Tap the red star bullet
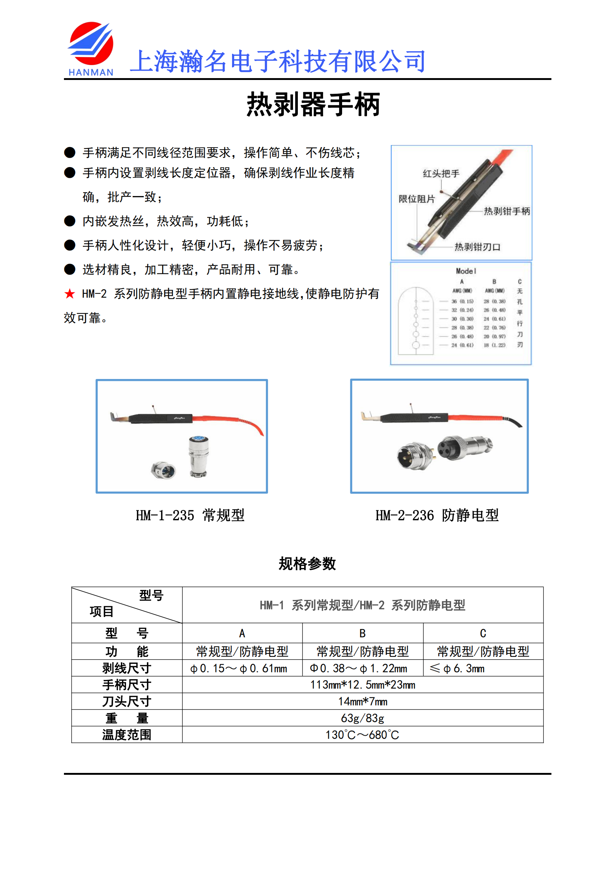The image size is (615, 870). coord(70,294)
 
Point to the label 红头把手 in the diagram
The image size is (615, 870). coord(441,174)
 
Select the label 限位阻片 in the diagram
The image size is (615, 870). coord(416,199)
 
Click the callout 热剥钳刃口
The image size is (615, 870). coord(477,247)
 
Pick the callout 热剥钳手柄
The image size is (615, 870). coord(507,211)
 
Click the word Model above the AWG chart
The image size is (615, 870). coord(466,271)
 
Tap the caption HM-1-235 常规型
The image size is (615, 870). coord(190,515)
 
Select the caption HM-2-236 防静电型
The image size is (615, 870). coord(437,515)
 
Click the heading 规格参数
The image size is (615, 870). coord(307,564)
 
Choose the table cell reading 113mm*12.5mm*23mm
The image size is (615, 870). coord(363,685)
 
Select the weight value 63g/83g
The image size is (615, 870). coord(363,718)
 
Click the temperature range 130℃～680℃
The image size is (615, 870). coord(363,735)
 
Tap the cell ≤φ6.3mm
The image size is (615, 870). coord(457,668)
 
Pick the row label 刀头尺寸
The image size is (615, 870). coord(126,702)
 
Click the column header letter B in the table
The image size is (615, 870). coord(363,633)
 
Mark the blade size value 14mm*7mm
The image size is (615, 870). coord(363,702)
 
